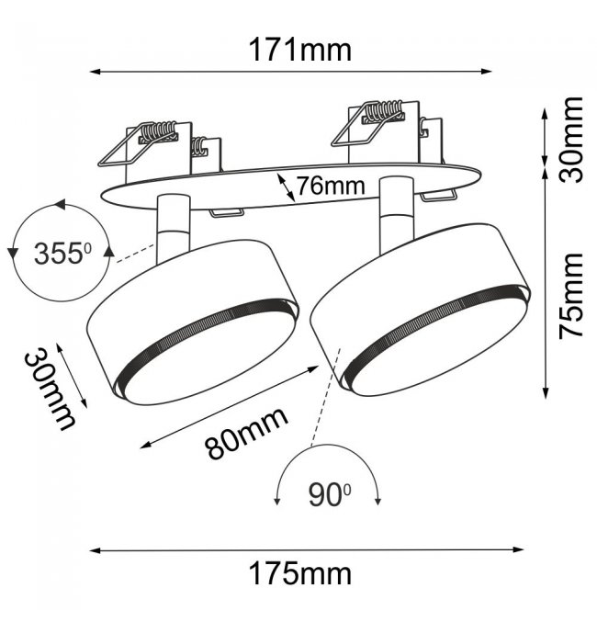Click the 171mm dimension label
(x=300, y=50)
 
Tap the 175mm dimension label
(x=300, y=573)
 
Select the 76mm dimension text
(x=331, y=186)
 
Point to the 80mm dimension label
(x=246, y=433)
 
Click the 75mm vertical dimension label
(x=570, y=297)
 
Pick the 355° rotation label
(x=62, y=254)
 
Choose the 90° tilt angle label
(x=329, y=495)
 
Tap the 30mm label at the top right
(x=570, y=140)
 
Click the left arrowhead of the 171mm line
(x=95, y=72)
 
